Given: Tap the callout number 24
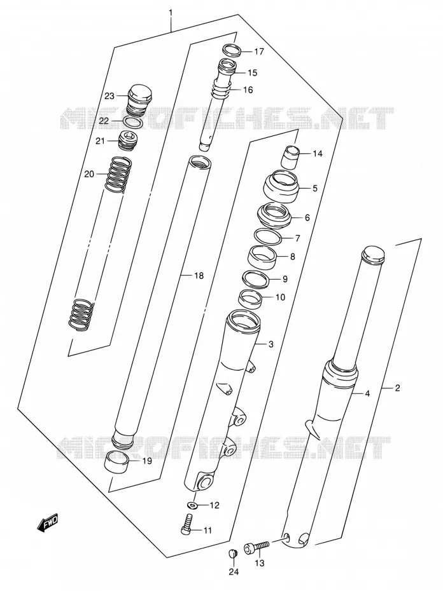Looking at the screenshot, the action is coord(234,572).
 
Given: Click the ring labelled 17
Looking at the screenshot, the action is coord(231,50).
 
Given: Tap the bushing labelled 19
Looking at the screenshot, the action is coord(116,461).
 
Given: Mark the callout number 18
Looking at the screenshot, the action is coord(199,276).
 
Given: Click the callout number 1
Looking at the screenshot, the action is coord(171,13).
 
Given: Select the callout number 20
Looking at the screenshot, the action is coord(89,174).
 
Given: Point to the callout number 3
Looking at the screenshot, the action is coord(271,344).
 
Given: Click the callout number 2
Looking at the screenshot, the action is coord(397,388).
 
